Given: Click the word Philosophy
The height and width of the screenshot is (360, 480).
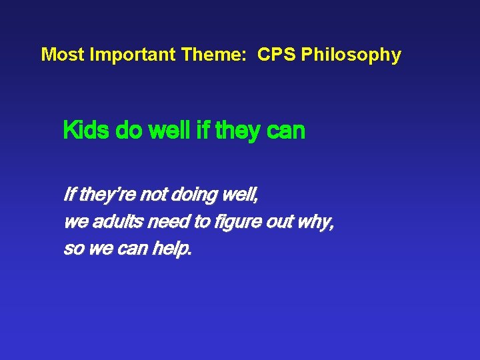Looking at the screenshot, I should pyautogui.click(x=351, y=55).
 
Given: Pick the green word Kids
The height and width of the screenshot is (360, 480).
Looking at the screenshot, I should pyautogui.click(x=87, y=131).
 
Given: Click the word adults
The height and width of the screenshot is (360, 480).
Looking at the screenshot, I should pyautogui.click(x=116, y=223).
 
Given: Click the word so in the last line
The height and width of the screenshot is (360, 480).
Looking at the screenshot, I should pyautogui.click(x=71, y=249).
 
